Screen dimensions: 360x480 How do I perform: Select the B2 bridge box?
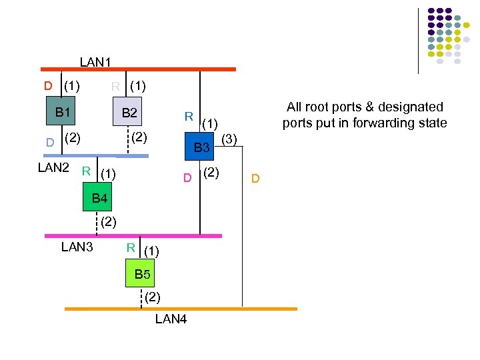(129, 113)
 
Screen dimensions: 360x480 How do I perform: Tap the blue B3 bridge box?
(201, 147)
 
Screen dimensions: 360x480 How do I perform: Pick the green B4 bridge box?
(99, 198)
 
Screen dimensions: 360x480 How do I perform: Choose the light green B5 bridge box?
(142, 274)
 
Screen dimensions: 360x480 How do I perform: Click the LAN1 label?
(95, 62)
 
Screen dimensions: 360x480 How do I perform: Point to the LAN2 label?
(53, 167)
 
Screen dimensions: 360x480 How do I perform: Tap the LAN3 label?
(77, 247)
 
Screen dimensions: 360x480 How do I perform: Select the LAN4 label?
(171, 319)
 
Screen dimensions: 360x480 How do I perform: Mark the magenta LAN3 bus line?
(133, 235)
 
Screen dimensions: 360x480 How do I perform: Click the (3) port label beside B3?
(229, 139)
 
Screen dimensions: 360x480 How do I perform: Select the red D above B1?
(48, 85)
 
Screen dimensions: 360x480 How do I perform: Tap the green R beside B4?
(86, 171)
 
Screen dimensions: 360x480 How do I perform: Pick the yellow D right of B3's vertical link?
(255, 179)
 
